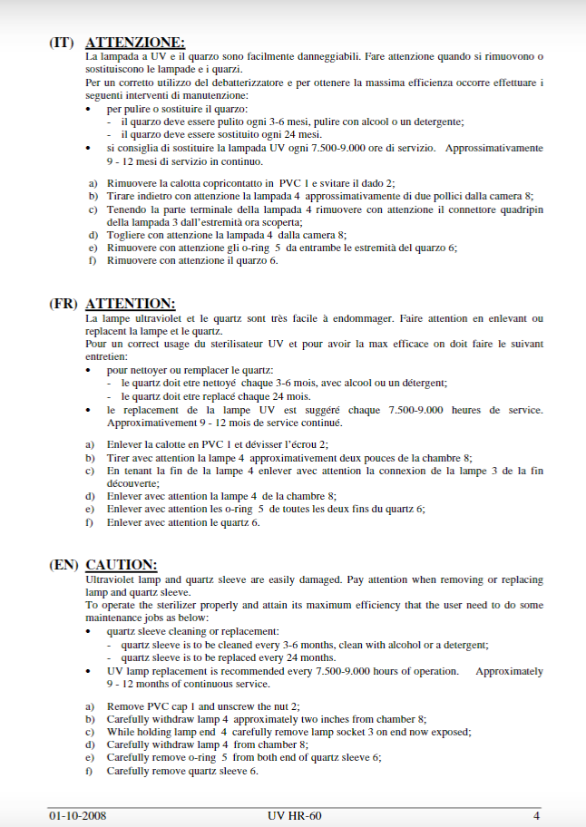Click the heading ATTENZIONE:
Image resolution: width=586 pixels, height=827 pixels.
[x=134, y=42]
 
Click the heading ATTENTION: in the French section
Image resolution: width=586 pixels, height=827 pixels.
[x=130, y=304]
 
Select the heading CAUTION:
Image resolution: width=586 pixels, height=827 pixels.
[x=122, y=565]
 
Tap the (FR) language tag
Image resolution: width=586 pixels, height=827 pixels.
[x=63, y=304]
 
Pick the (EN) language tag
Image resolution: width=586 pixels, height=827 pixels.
[x=63, y=565]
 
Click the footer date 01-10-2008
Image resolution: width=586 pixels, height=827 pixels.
[x=78, y=815]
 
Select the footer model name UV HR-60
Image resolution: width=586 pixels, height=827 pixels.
[x=295, y=815]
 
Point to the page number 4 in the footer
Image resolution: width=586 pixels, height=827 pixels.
[x=537, y=815]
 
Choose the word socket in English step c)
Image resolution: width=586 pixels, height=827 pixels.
[x=357, y=732]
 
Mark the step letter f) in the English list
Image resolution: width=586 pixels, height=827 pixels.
[x=90, y=771]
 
